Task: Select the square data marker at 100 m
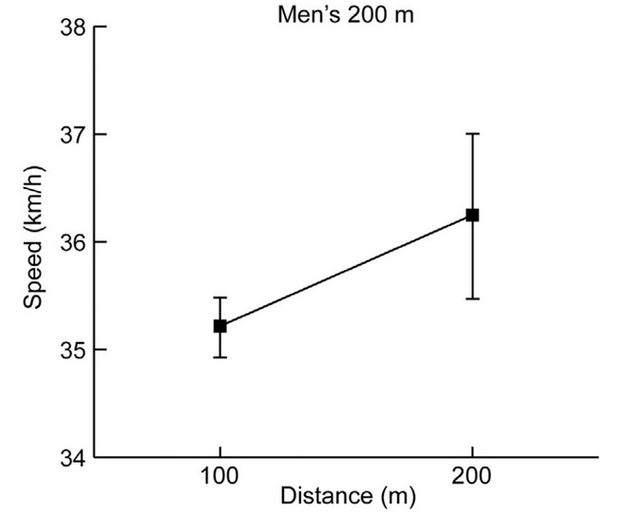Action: tap(220, 326)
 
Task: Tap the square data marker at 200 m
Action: tap(472, 215)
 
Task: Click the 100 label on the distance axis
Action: tap(220, 475)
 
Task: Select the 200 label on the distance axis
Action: tap(472, 475)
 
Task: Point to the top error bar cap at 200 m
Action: tap(472, 134)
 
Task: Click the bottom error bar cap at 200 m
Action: tap(472, 298)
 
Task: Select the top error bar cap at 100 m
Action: tap(220, 297)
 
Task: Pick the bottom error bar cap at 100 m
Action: tap(220, 357)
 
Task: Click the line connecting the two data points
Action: tap(347, 270)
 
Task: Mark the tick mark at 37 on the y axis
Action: tap(100, 135)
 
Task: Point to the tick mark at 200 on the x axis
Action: tap(472, 452)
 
